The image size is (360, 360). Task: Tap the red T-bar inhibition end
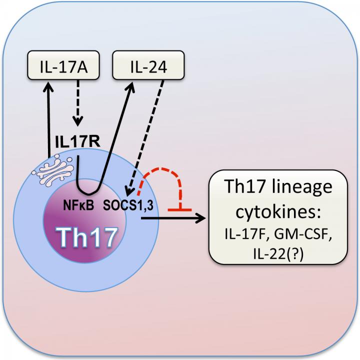(181, 210)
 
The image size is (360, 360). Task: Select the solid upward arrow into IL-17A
(48, 120)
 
